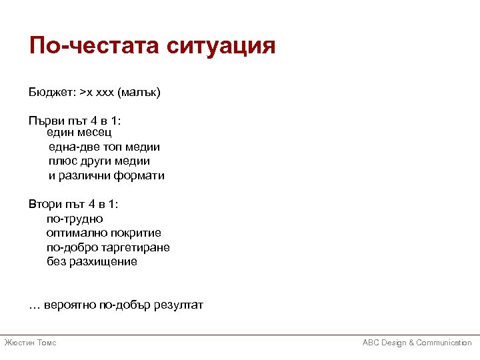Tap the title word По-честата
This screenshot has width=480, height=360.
click(93, 46)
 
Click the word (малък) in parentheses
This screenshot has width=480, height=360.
click(139, 93)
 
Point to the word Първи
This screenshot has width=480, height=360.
click(45, 121)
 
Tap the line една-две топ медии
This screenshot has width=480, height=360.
click(104, 147)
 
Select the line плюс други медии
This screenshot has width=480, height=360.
click(99, 161)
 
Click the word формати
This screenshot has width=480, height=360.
click(139, 176)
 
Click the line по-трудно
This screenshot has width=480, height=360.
click(75, 219)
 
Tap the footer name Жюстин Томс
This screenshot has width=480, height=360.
click(30, 343)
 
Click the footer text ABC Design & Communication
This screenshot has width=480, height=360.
click(417, 343)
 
